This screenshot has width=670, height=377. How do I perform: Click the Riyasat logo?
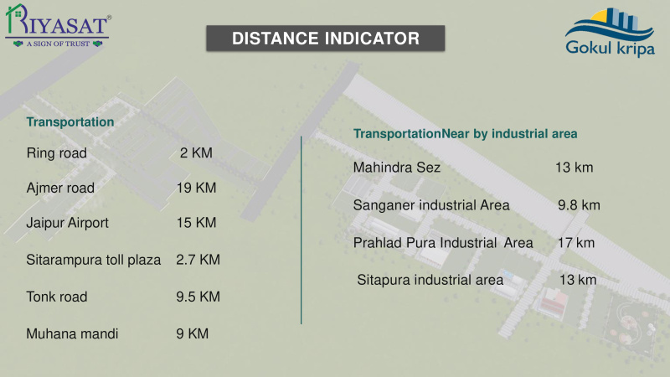coord(59,26)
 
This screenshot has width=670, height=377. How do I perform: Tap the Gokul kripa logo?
coord(610,33)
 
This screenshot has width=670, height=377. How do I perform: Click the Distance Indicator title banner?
coord(326,39)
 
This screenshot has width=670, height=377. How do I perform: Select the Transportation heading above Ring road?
coord(70,121)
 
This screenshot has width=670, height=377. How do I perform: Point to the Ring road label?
coord(57,153)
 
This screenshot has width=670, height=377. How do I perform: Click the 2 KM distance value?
coord(196,152)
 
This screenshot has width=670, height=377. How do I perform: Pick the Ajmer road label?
coord(60,188)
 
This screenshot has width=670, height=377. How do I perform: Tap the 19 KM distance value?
coord(197,188)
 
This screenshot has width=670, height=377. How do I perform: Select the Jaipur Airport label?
coord(68,223)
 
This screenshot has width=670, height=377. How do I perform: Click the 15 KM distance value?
coord(197,222)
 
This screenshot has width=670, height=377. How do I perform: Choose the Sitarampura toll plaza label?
coord(94,260)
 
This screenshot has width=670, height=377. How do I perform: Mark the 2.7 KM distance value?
coord(198,260)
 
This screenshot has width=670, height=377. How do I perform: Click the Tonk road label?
coord(57,297)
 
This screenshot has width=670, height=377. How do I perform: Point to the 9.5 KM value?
coord(198,297)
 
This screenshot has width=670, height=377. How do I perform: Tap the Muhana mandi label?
coord(72,333)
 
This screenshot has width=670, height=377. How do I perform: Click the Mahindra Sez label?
coord(396,167)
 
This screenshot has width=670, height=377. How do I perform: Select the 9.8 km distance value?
coord(579,205)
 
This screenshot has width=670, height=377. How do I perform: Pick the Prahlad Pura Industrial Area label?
coord(443,243)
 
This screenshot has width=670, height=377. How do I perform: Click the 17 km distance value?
coord(576,243)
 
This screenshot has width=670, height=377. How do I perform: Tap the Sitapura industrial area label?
coord(430,280)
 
